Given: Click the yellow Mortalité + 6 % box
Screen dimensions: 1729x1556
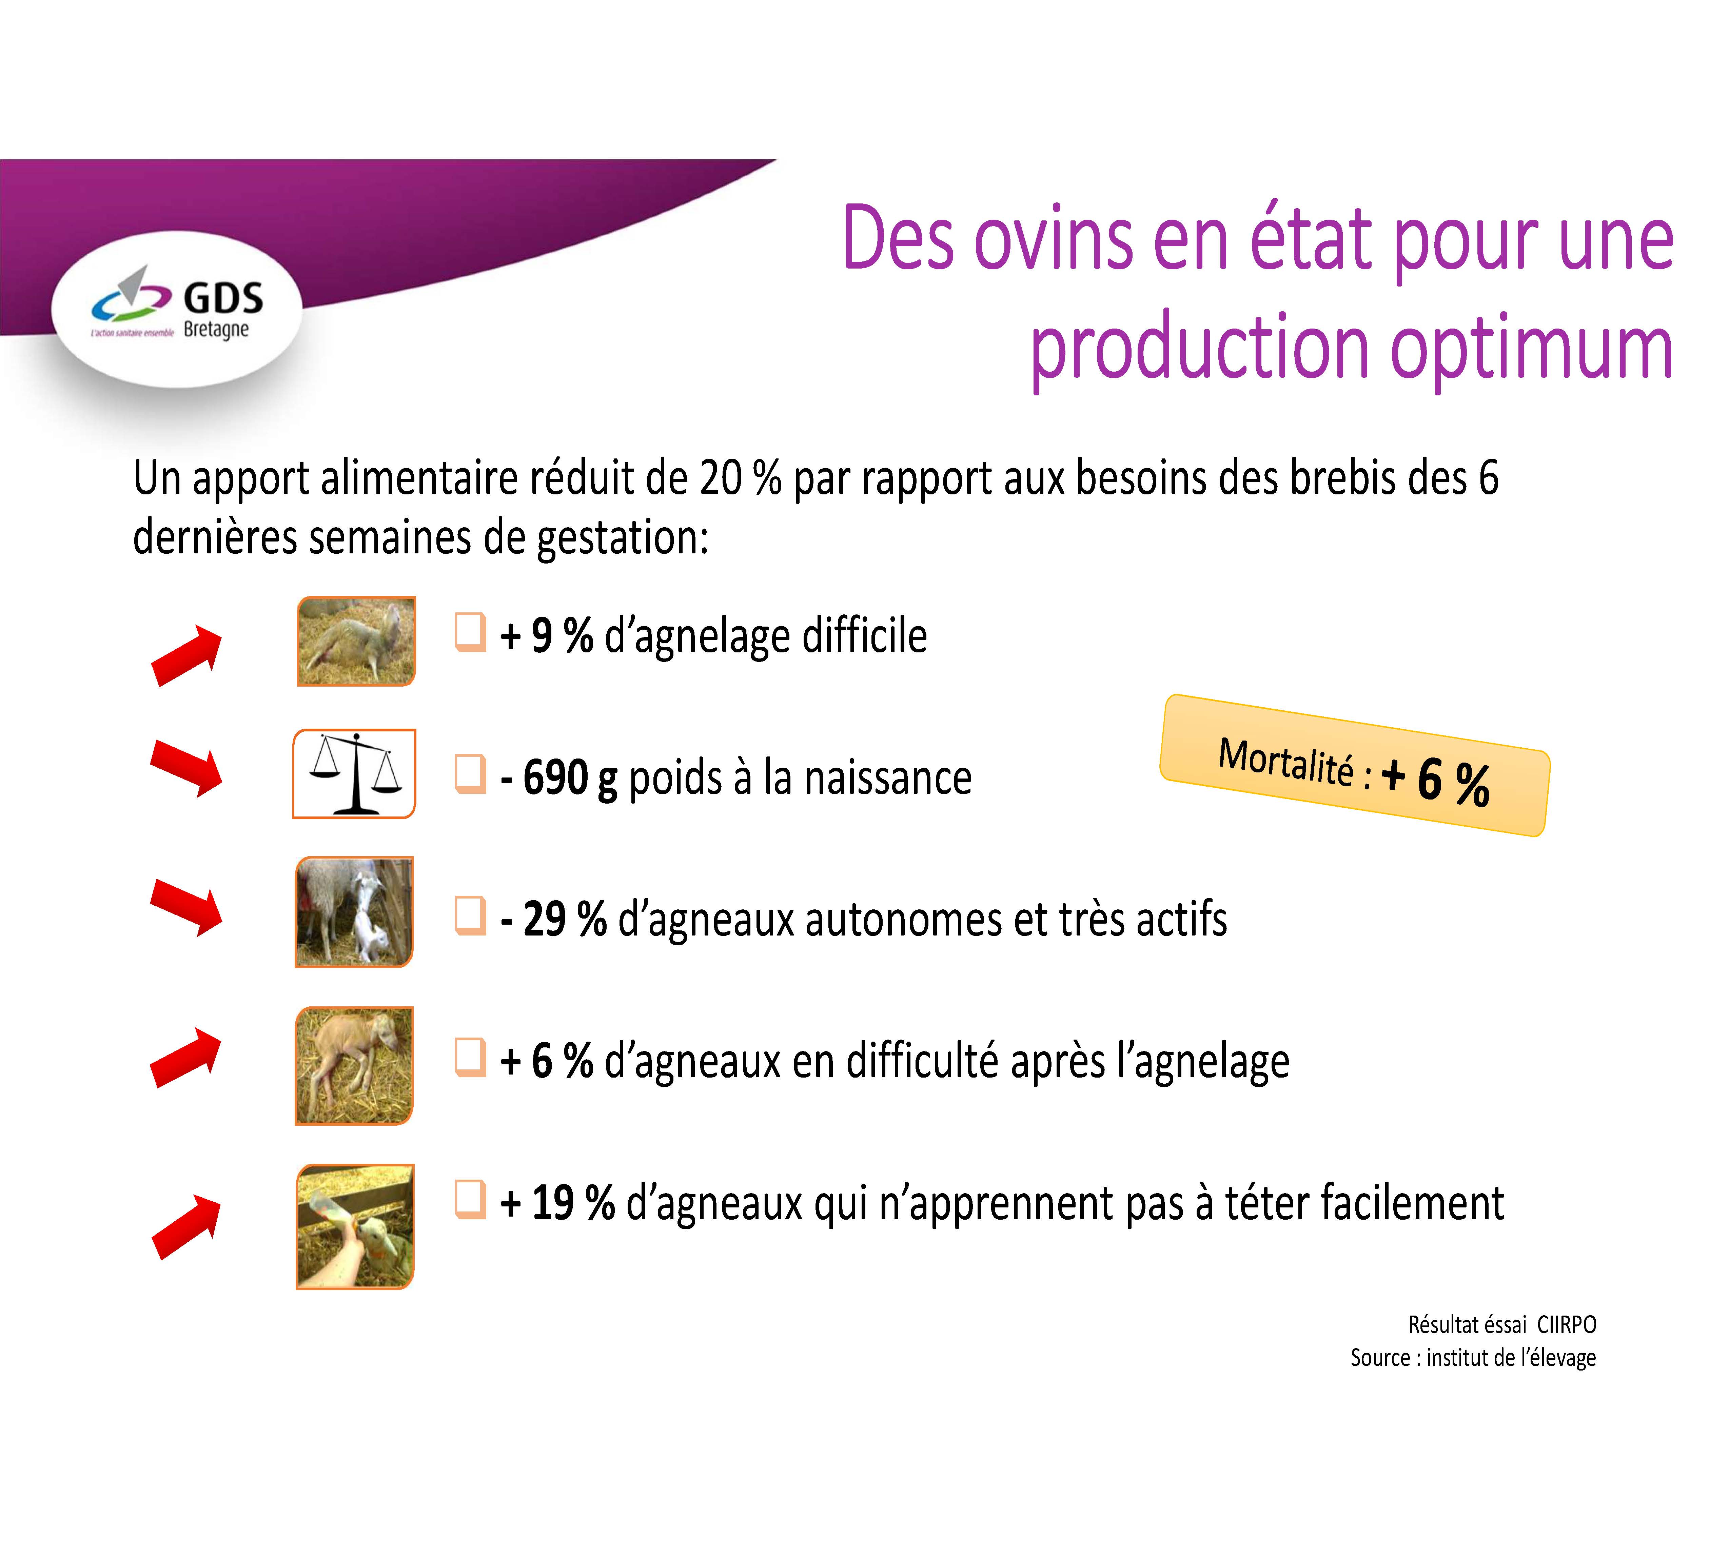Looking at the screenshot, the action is (x=1354, y=765).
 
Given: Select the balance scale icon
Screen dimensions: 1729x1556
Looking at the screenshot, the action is (x=354, y=774).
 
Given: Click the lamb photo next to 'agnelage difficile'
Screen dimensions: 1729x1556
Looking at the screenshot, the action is (x=356, y=641).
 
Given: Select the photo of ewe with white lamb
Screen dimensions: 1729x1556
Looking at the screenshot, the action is (x=354, y=912).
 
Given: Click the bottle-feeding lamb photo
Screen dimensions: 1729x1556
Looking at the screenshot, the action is (x=355, y=1226).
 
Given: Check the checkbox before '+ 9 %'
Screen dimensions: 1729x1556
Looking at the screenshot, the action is (x=470, y=633).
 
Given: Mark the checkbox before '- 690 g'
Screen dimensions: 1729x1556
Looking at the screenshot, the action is (x=470, y=774).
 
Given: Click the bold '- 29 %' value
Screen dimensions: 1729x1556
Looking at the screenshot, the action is (x=553, y=919).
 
